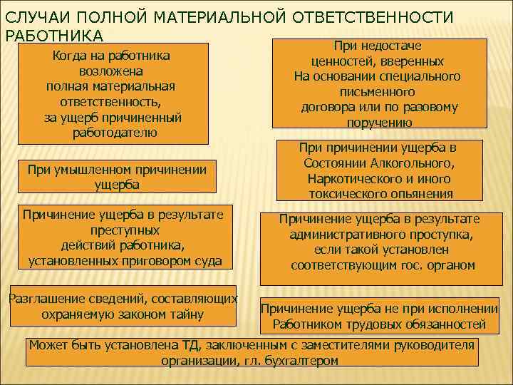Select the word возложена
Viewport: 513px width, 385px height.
point(110,71)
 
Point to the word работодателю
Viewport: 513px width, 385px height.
point(115,133)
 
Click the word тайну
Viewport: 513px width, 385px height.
point(186,314)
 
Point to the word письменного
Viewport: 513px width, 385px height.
point(377,92)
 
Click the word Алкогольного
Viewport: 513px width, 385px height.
point(410,163)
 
